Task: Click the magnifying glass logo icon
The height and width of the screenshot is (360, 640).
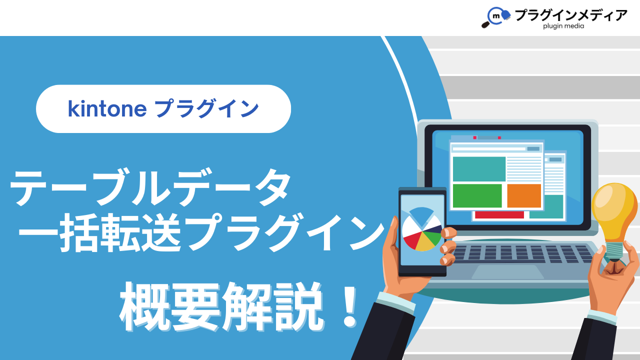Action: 495,17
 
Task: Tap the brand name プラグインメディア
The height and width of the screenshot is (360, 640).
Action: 571,15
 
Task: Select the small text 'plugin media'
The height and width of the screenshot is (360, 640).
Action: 563,26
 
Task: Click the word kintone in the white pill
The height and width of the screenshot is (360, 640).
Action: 107,109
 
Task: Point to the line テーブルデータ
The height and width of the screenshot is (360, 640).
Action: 150,187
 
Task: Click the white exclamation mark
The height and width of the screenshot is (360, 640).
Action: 349,307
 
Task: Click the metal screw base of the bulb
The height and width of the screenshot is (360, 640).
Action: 614,251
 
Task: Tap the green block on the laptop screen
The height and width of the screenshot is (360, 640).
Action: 477,195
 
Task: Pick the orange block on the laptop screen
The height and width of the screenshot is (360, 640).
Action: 524,195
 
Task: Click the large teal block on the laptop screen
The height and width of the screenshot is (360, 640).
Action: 479,169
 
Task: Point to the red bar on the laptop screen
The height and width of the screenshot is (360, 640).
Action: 499,215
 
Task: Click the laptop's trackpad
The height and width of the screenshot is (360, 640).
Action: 507,271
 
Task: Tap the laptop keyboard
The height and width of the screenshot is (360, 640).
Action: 523,253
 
